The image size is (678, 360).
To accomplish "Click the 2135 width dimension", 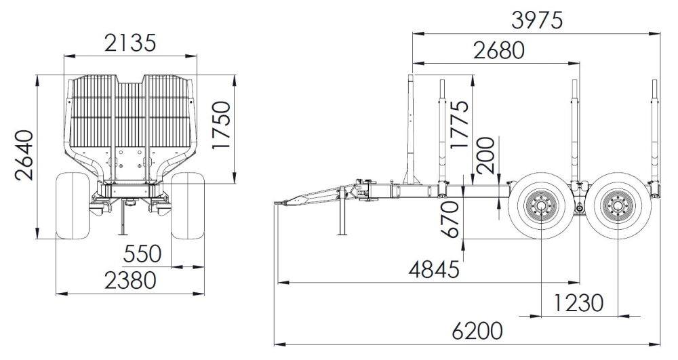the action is (129, 43).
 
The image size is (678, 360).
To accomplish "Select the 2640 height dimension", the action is (24, 155).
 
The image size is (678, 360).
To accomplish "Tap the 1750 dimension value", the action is (221, 125).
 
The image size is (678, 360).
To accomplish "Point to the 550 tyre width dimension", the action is (142, 254).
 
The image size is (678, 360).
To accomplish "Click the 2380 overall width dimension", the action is (130, 280).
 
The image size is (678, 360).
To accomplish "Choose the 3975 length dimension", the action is (537, 20).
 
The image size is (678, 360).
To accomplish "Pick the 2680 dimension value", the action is (499, 51).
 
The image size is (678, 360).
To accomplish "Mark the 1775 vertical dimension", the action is (459, 125).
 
